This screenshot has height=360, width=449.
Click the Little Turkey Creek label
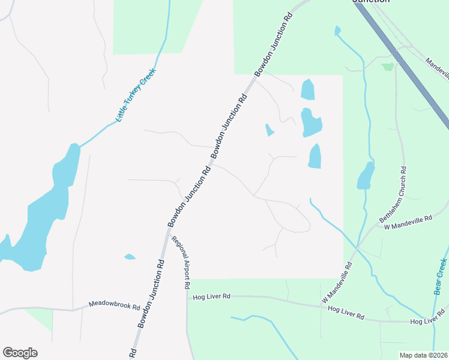point(136,96)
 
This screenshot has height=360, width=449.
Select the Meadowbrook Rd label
point(114,305)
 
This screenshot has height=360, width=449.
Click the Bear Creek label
point(440,277)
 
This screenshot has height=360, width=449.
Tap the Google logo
point(20,353)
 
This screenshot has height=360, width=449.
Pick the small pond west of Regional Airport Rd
point(130,257)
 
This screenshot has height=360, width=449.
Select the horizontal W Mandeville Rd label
point(408,221)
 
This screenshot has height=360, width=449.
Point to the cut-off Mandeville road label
point(437,67)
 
